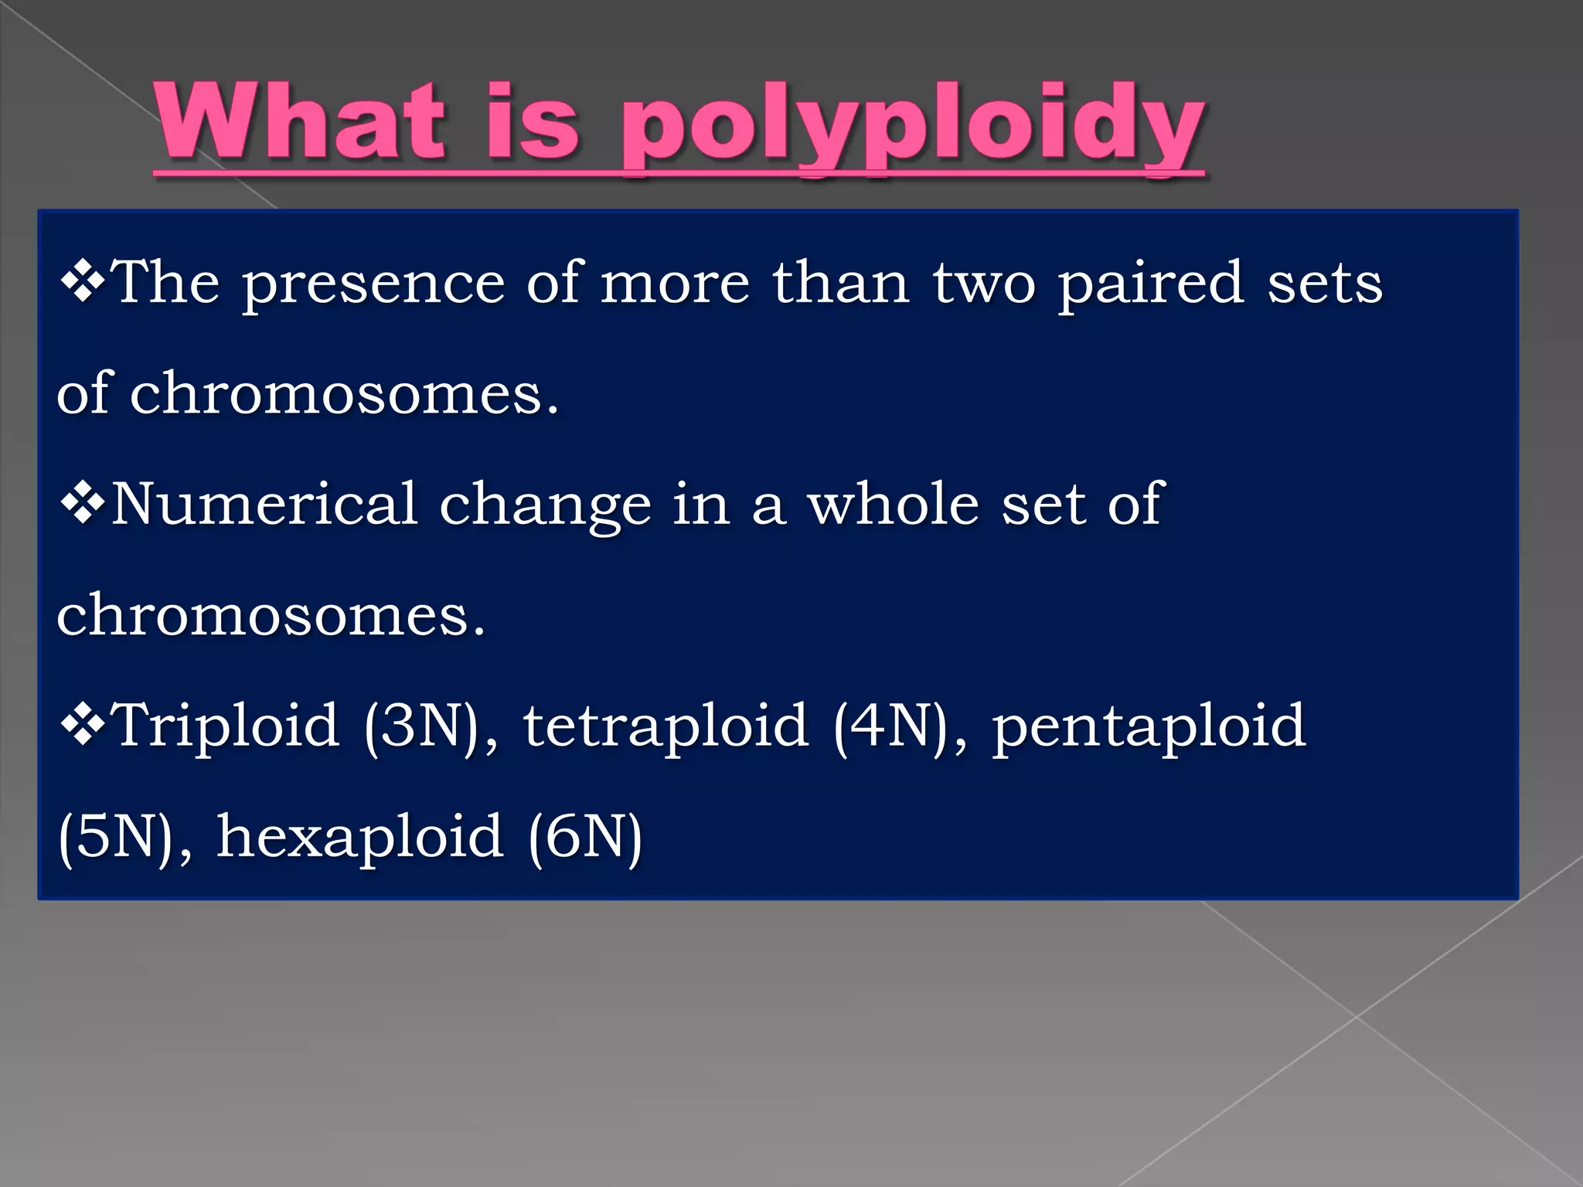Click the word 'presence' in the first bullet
[x=374, y=284]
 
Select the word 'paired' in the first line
[x=1150, y=284]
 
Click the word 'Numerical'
[x=264, y=504]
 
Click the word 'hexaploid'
[x=359, y=838]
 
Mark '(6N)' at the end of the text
[x=585, y=838]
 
